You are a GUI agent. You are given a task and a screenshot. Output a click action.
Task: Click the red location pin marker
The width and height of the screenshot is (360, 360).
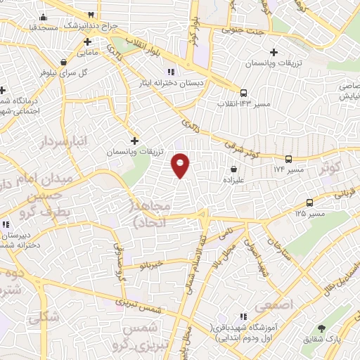181,165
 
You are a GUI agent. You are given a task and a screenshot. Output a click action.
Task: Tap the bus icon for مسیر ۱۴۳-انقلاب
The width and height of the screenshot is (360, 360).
243,93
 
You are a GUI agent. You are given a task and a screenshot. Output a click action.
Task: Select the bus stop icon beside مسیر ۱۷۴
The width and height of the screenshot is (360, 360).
289,160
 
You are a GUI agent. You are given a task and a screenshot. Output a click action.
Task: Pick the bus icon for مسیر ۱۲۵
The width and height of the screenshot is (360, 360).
310,202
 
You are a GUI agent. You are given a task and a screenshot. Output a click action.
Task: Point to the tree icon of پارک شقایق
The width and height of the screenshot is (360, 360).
321,328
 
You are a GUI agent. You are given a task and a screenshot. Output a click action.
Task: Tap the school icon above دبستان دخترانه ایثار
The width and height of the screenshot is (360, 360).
169,72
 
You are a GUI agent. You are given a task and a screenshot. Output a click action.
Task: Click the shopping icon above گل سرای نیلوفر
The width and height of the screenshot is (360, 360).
64,61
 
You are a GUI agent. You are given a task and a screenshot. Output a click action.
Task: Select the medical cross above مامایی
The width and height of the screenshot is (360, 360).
87,41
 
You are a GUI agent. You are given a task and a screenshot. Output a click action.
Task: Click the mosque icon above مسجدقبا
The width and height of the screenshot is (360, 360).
44,18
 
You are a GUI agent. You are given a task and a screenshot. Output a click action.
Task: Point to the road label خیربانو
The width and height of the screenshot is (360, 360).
151,265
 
